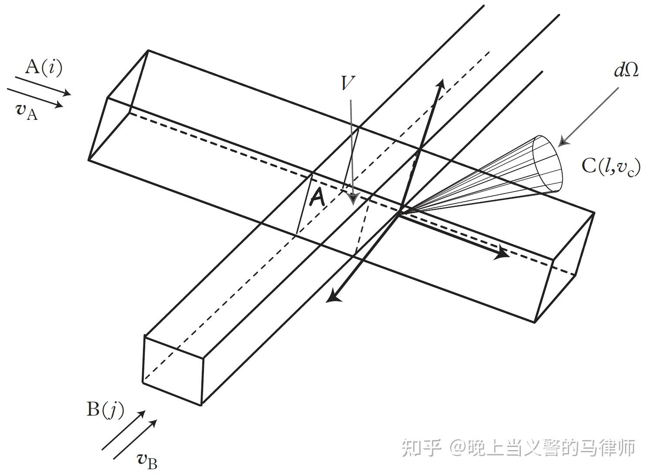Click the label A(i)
click(44, 68)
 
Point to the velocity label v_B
click(147, 460)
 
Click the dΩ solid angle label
click(627, 70)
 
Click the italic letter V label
click(348, 83)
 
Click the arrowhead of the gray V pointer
click(353, 198)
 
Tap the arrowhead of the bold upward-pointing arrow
click(441, 84)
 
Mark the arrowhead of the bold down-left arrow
click(333, 297)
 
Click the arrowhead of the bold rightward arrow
click(503, 253)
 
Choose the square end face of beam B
click(173, 371)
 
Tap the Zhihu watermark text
click(518, 448)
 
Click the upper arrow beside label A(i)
click(43, 85)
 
